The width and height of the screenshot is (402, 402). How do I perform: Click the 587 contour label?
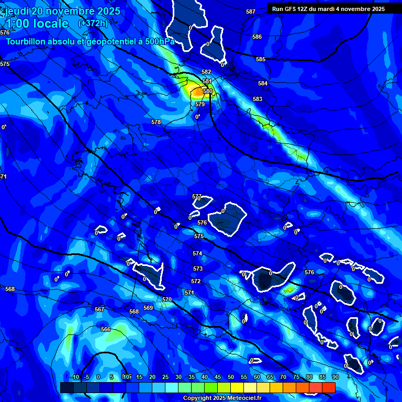pos(251,12)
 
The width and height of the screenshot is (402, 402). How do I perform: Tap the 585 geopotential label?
pos(261,59)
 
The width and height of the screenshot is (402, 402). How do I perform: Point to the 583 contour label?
pos(258,99)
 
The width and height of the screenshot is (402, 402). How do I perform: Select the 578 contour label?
pos(156,122)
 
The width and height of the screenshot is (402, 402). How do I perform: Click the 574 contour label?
pos(197,253)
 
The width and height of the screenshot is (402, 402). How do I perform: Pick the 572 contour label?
pos(196,281)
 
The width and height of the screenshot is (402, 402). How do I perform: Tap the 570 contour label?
pos(167,299)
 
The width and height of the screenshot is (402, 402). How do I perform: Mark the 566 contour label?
pos(106,329)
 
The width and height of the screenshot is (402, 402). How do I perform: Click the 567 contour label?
pos(99,309)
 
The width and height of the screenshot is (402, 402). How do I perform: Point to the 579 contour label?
pos(200,104)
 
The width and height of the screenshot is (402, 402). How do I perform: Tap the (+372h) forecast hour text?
pos(93,23)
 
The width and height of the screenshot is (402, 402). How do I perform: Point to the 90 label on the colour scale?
pos(335,377)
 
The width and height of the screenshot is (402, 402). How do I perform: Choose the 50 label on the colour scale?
pos(231,377)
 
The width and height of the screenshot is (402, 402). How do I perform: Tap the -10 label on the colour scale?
pos(75,377)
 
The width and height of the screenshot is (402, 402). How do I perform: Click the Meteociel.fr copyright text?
pos(221,398)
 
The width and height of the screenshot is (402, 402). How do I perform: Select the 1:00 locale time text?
pos(37,24)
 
